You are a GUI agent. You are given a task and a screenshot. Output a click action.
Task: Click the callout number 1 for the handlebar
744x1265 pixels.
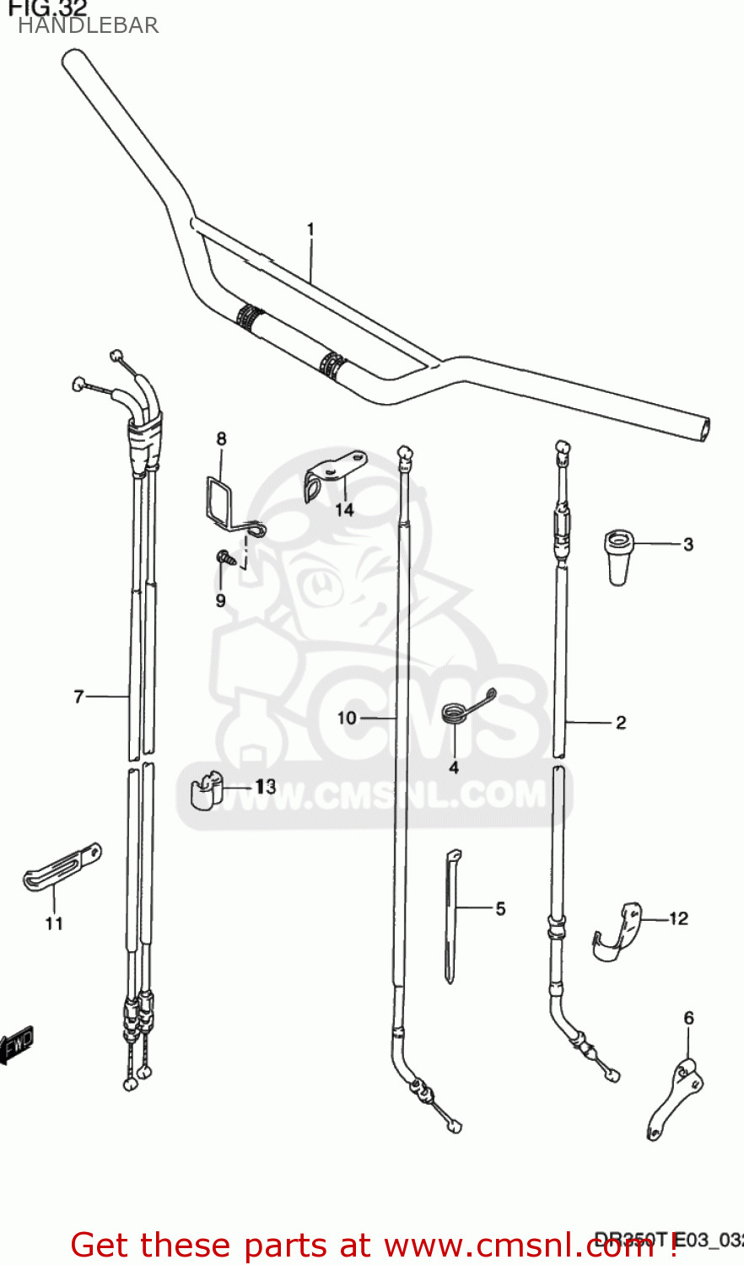(x=310, y=229)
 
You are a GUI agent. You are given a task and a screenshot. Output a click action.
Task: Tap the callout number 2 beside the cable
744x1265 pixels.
(x=621, y=723)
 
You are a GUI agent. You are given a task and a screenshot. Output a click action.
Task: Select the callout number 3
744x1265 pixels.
(x=688, y=545)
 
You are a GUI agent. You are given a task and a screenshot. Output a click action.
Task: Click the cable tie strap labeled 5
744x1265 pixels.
(x=451, y=915)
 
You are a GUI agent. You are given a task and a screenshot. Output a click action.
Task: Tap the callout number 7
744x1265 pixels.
(x=78, y=697)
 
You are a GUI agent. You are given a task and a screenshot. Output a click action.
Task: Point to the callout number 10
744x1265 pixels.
(x=347, y=718)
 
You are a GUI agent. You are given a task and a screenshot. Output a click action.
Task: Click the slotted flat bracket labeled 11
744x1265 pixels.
(x=62, y=866)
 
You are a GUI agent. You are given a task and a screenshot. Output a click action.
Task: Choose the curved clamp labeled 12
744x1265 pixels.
(x=619, y=933)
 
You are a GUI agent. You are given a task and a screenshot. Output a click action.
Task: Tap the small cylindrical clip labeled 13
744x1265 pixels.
(x=204, y=789)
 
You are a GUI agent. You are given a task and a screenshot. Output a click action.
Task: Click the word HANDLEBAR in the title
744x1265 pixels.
(x=88, y=25)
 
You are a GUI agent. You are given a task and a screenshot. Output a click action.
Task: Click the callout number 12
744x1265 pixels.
(x=679, y=918)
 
